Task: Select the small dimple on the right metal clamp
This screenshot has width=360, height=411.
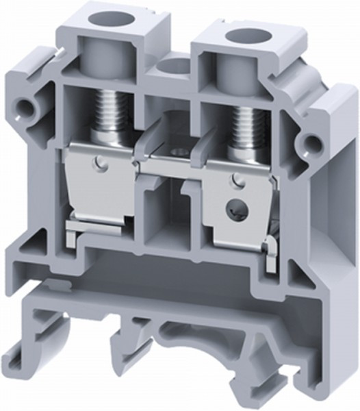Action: click(x=238, y=181)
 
